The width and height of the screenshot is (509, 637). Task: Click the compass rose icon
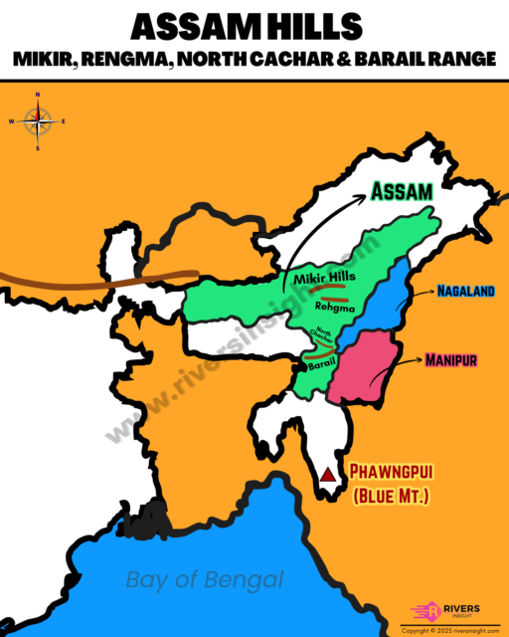pos(38,122)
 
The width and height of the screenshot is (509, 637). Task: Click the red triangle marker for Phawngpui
pos(327,475)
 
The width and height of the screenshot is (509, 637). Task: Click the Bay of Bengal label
pos(205,579)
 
